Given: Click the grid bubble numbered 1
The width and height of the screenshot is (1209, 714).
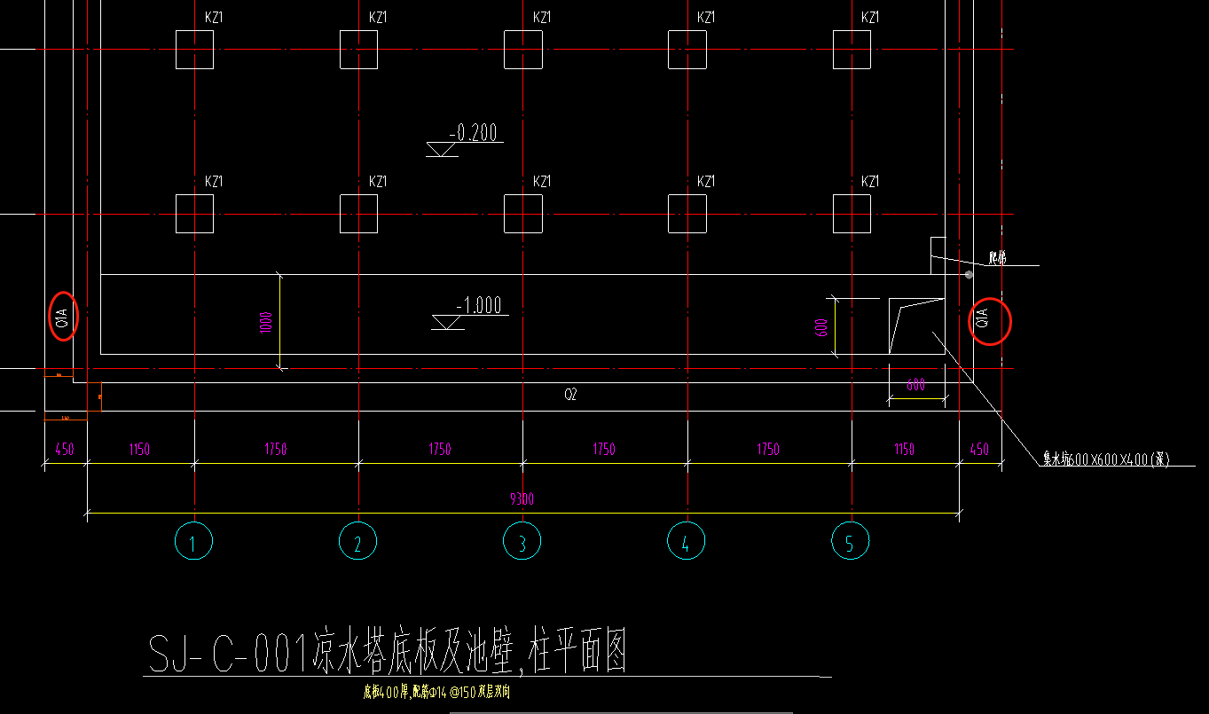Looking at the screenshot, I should point(193,541).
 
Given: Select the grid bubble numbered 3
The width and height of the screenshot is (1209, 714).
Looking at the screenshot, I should point(522,541).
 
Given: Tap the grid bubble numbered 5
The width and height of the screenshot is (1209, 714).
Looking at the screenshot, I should point(850,541).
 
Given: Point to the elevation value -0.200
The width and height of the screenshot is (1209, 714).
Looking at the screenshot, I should point(475,134).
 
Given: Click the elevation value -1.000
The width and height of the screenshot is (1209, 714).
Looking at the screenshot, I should point(479,306).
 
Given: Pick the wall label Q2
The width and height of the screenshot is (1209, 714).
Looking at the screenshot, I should point(570,396).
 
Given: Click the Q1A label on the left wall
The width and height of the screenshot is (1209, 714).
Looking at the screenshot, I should point(62,315).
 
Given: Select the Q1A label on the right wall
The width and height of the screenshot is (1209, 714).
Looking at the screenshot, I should point(982,321).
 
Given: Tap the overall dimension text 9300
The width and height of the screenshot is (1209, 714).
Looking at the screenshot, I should point(522,500).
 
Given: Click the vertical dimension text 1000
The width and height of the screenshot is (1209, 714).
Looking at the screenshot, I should point(266,321).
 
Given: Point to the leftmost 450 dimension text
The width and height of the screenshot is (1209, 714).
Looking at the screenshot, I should point(65,450).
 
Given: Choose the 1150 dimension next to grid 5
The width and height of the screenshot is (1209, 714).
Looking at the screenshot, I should point(904,450).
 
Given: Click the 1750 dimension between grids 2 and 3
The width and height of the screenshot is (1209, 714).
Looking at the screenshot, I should point(440,450).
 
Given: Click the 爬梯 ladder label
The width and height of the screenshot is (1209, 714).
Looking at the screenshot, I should point(998,259).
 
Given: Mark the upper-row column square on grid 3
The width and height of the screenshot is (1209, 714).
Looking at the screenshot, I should point(522,50).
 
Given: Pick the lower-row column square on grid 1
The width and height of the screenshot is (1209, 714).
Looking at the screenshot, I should point(194,214).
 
